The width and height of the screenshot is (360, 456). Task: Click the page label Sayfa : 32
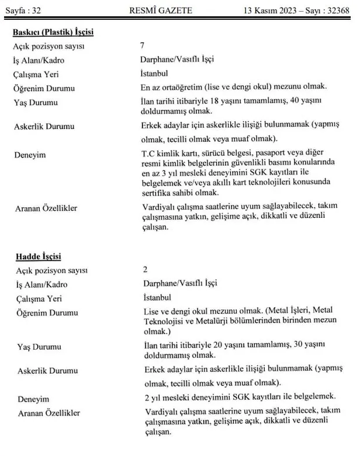tap(23, 11)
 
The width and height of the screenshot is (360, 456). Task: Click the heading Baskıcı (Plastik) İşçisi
tap(53, 33)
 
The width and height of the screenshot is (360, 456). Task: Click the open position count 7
tap(143, 45)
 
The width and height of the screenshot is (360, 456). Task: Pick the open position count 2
tap(145, 269)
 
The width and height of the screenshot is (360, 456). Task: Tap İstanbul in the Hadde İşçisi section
tap(157, 298)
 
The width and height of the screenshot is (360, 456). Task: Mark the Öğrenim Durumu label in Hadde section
tap(46, 313)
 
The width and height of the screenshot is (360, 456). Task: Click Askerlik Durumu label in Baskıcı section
tap(45, 127)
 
